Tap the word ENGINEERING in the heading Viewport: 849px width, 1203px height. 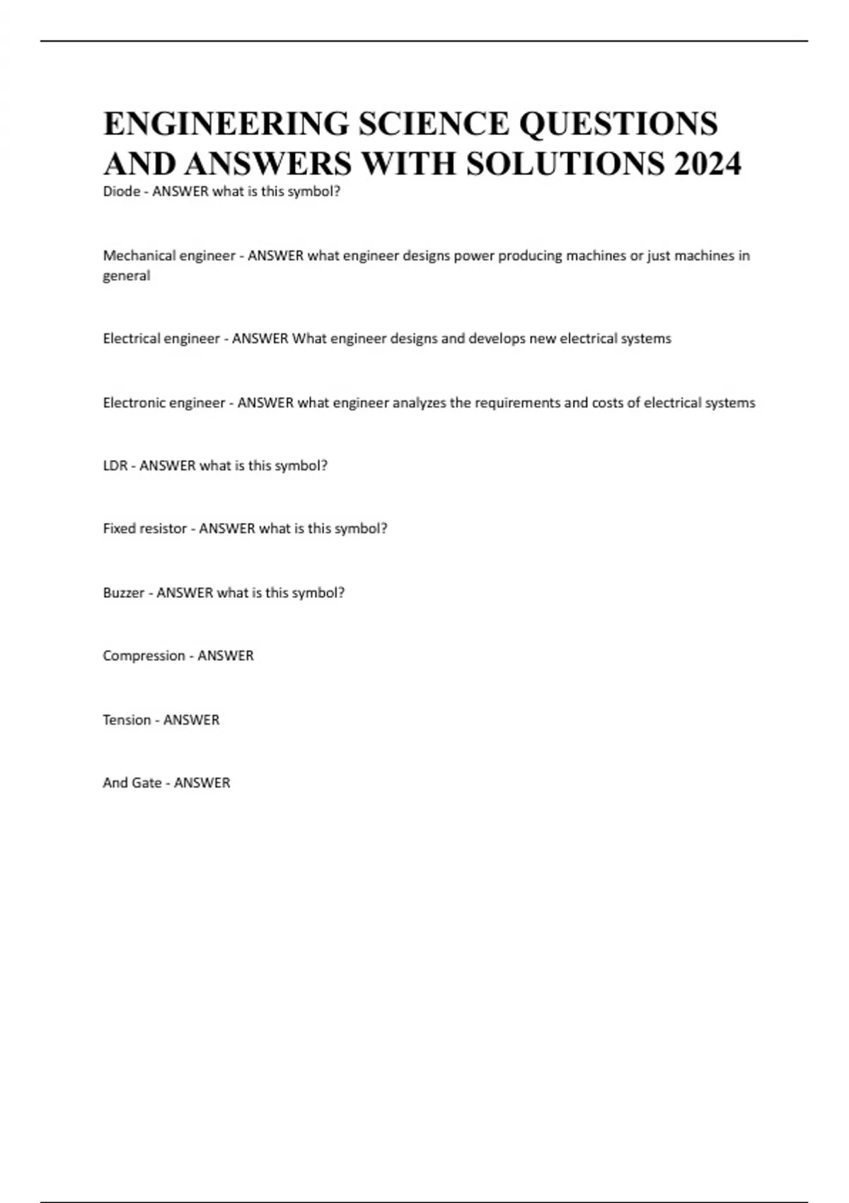coord(226,124)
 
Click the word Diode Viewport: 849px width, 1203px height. coord(121,191)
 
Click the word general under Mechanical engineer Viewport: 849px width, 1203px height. coord(126,276)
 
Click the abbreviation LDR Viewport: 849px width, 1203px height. coord(115,466)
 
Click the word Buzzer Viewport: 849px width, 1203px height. coord(123,592)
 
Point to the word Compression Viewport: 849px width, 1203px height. coord(144,656)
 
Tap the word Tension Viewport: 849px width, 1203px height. coord(127,720)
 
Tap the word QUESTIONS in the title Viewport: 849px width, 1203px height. coord(618,124)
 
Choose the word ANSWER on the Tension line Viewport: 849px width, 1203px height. coord(191,720)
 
